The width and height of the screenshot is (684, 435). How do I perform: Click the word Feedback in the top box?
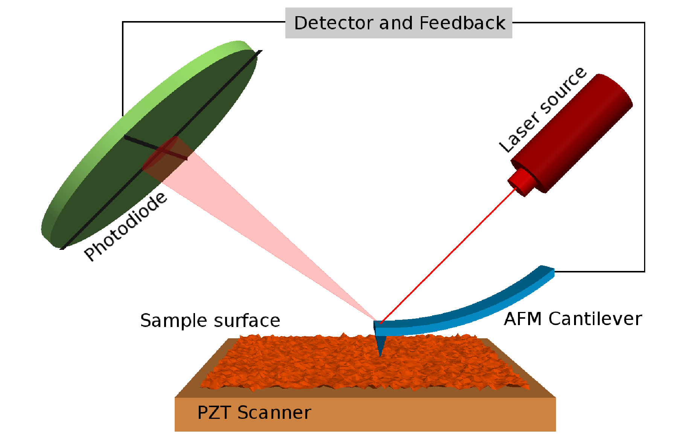(462, 23)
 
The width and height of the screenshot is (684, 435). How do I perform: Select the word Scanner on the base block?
(274, 413)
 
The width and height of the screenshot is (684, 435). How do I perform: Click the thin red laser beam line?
(448, 256)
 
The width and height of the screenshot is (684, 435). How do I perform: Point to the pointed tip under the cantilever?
(381, 346)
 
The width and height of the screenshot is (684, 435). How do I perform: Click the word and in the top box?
(396, 23)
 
